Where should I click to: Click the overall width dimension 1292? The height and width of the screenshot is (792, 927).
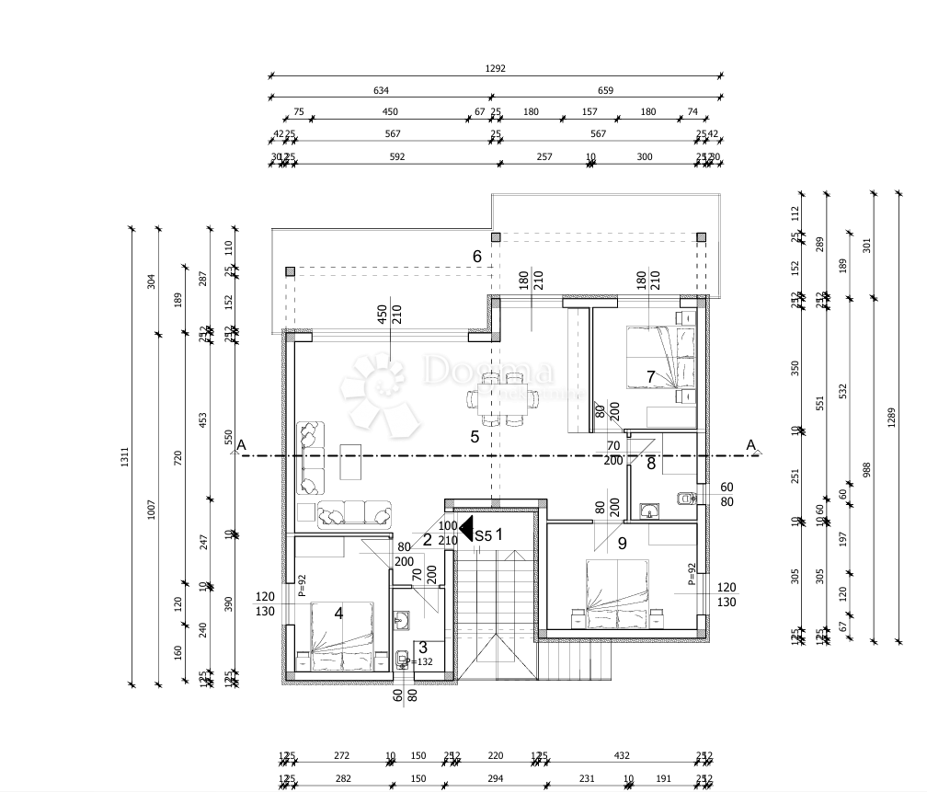[x=497, y=68]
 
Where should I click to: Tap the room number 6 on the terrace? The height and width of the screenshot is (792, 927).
[x=477, y=257]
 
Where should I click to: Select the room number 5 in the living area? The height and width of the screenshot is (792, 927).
[x=475, y=437]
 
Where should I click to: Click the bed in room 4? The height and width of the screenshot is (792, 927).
[x=339, y=635]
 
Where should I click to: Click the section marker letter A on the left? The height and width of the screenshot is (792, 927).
[x=241, y=446]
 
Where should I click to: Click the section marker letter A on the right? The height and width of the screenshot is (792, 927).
[x=751, y=446]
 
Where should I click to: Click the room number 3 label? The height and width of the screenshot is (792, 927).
[x=423, y=648]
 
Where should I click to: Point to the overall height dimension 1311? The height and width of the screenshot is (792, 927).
[x=125, y=455]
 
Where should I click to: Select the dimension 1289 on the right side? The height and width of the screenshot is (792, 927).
[x=891, y=417]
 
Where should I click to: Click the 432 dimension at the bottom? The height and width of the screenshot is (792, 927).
[x=622, y=755]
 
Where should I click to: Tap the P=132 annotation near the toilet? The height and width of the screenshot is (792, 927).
[x=421, y=661]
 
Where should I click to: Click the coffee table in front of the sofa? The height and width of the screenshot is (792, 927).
[x=351, y=462]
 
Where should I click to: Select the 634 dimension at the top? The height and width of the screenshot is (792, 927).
[x=381, y=90]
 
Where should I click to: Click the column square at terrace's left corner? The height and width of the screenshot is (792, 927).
[x=290, y=271]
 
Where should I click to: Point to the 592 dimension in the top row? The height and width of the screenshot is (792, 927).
[x=397, y=156]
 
